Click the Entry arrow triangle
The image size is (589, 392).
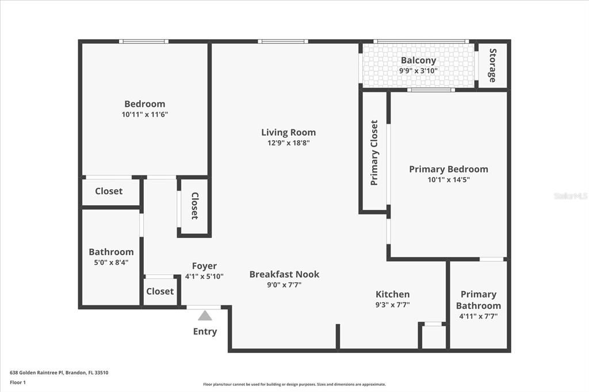(205, 316)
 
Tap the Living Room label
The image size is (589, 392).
(288, 132)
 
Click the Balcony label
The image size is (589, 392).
(418, 60)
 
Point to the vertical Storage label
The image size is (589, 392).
(492, 65)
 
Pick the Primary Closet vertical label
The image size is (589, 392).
(374, 152)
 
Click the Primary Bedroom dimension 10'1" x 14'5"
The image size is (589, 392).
(448, 180)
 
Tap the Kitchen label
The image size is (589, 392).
(392, 294)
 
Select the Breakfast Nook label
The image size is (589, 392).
(284, 274)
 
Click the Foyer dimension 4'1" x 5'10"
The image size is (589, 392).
(204, 276)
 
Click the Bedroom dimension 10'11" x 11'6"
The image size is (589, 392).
(145, 114)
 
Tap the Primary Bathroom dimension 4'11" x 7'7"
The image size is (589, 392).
(478, 316)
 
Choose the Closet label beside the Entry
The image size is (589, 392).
(160, 291)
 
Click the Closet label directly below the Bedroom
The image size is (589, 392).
(109, 191)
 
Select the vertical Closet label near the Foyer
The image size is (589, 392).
(194, 206)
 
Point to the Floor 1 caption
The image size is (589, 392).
(18, 382)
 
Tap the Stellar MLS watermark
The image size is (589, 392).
(570, 196)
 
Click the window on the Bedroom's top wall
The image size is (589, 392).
(144, 41)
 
